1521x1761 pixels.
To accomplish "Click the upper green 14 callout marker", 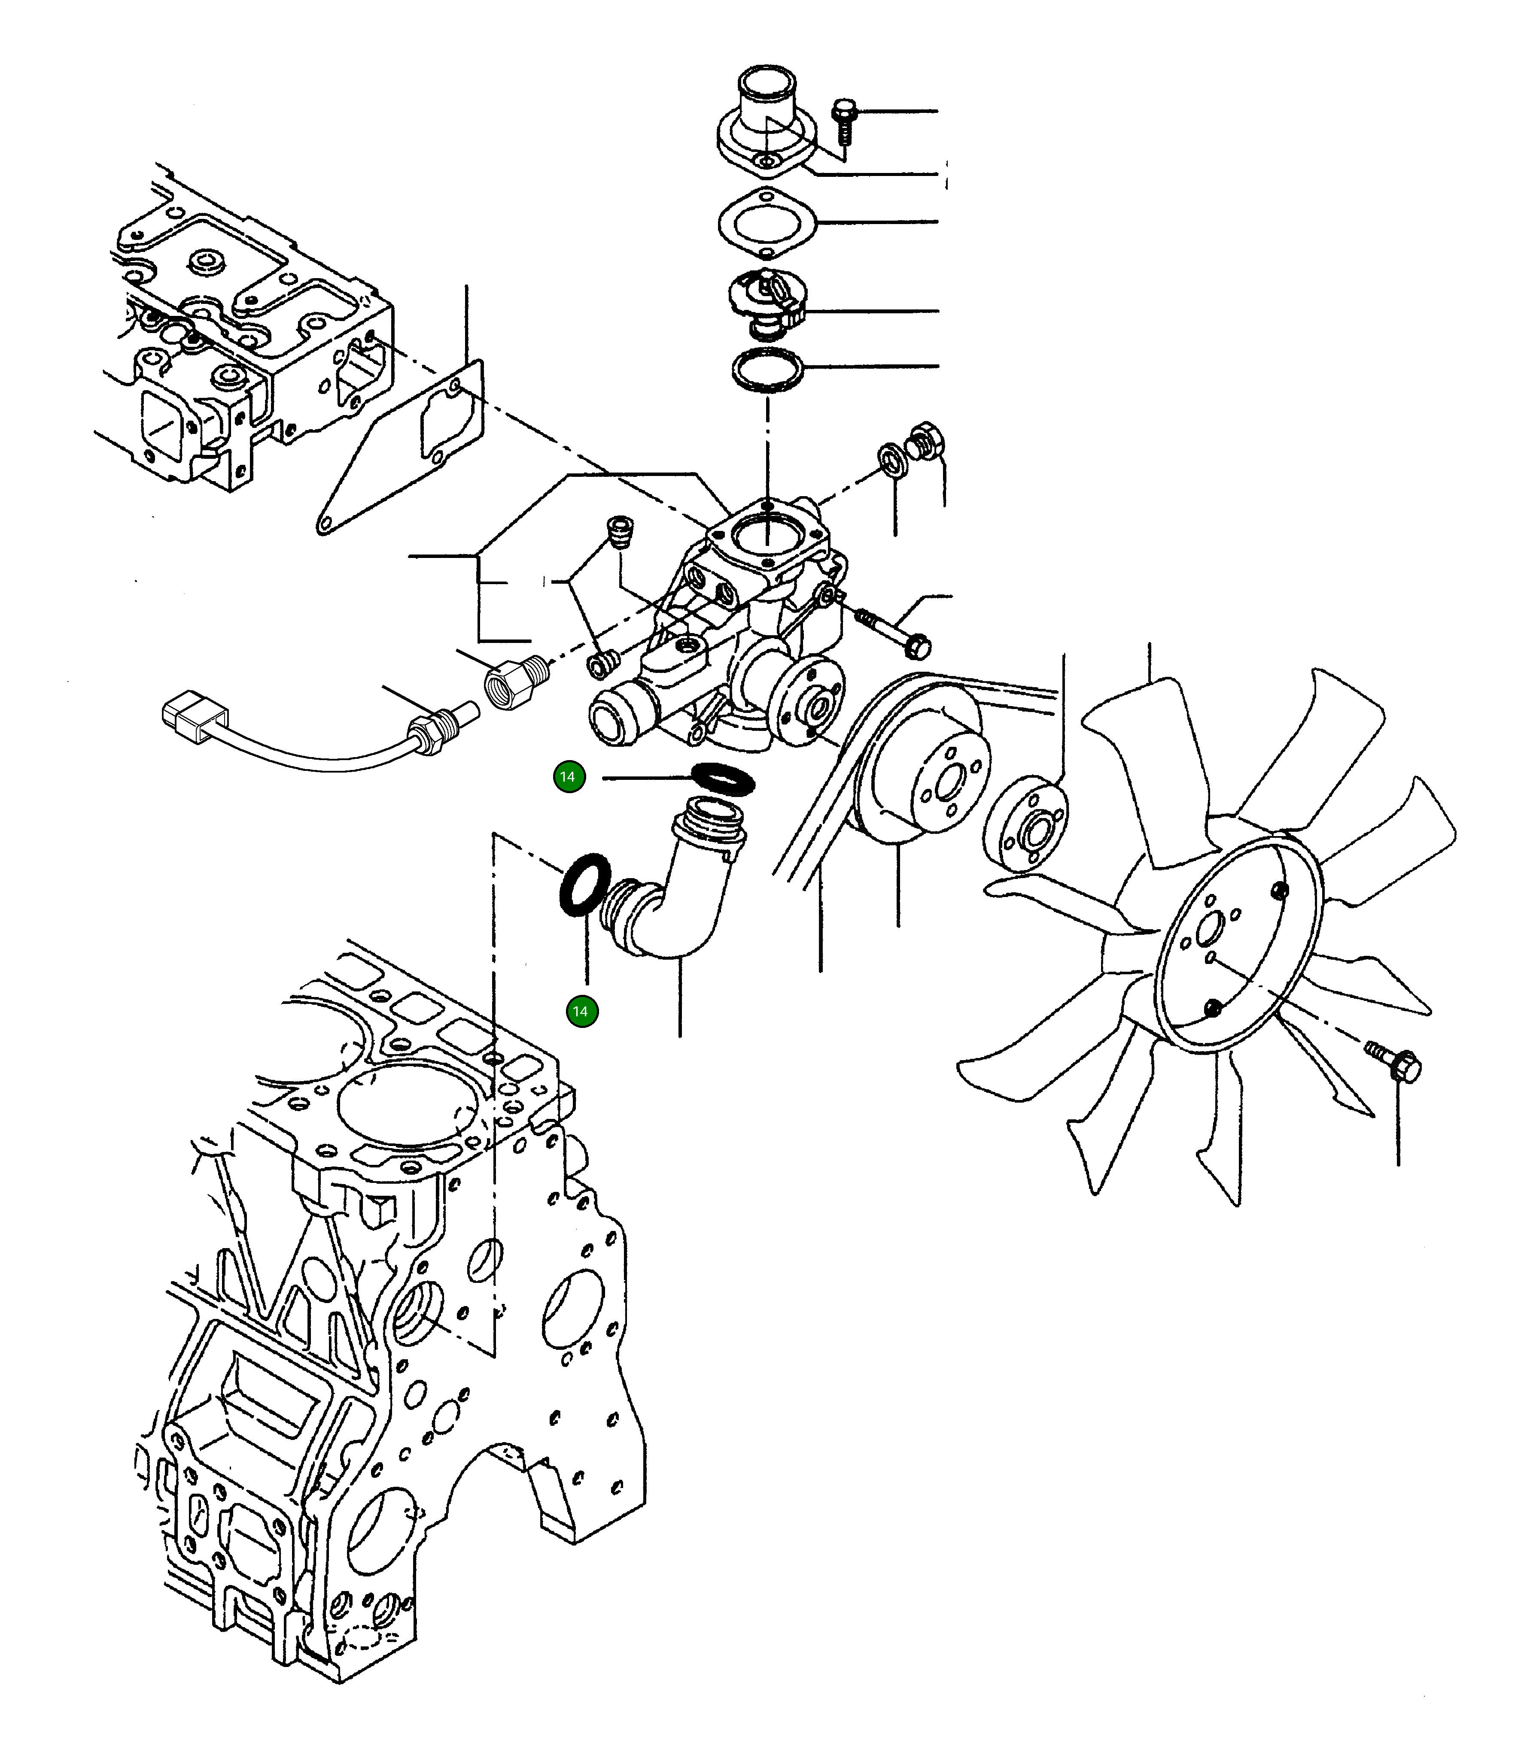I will tap(568, 777).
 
